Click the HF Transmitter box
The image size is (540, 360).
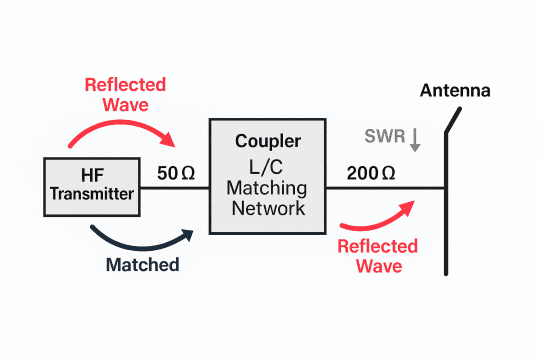coord(91,186)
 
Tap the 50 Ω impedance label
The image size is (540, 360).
coord(176,172)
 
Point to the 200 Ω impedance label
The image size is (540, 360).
coord(371,172)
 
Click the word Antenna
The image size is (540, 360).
coord(455,91)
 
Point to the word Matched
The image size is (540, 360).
coord(142,265)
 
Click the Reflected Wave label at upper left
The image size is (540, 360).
coord(124,94)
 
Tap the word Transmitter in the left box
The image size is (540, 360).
coord(91,195)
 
